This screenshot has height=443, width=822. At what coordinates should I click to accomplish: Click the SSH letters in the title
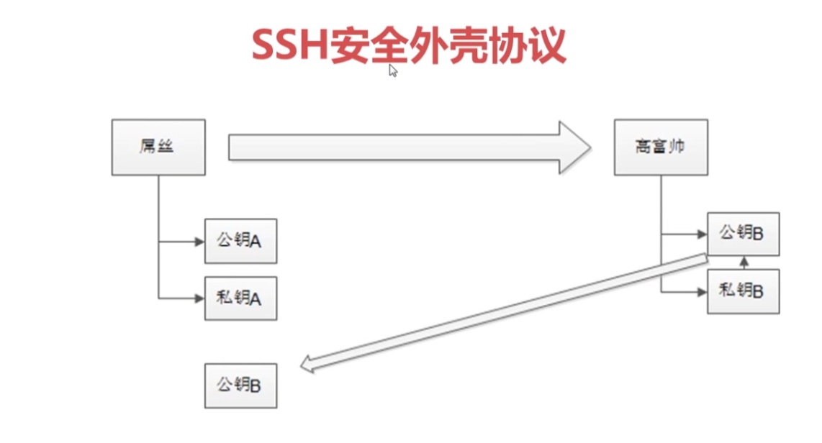pyautogui.click(x=290, y=45)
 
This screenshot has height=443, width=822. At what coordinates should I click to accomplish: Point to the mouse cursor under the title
pyautogui.click(x=393, y=70)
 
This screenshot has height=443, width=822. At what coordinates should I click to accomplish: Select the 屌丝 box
pyautogui.click(x=158, y=147)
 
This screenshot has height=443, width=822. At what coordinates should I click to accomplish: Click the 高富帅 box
pyautogui.click(x=661, y=147)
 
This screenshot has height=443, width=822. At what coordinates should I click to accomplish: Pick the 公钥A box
pyautogui.click(x=240, y=241)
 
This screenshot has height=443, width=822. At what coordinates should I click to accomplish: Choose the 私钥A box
pyautogui.click(x=240, y=298)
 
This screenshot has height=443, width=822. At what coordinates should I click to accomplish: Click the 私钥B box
pyautogui.click(x=744, y=291)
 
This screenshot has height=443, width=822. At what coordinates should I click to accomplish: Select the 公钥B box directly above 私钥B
pyautogui.click(x=744, y=234)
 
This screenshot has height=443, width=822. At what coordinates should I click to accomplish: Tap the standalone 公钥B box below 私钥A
pyautogui.click(x=240, y=386)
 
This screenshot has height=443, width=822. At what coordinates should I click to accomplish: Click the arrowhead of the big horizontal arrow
pyautogui.click(x=575, y=147)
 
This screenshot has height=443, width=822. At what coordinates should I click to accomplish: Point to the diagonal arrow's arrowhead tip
pyautogui.click(x=300, y=366)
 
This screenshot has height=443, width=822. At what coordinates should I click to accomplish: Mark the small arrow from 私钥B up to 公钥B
pyautogui.click(x=744, y=263)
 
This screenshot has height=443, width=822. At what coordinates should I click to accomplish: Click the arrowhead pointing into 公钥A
pyautogui.click(x=199, y=242)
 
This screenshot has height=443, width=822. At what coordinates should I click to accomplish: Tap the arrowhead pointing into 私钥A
pyautogui.click(x=199, y=298)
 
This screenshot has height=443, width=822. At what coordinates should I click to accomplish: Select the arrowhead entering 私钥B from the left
pyautogui.click(x=703, y=292)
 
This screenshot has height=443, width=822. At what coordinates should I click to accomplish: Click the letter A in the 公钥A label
pyautogui.click(x=256, y=242)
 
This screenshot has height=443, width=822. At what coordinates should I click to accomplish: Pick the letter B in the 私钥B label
pyautogui.click(x=757, y=292)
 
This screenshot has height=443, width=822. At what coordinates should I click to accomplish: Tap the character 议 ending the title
pyautogui.click(x=547, y=45)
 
